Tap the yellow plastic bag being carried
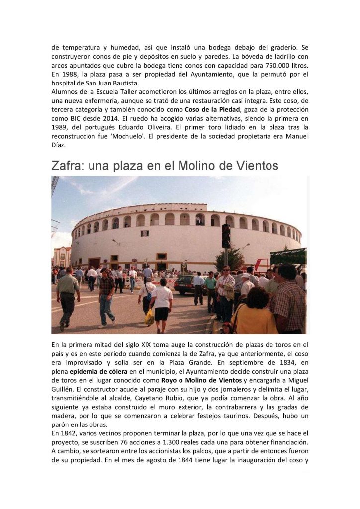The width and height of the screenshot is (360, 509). tap(149, 317)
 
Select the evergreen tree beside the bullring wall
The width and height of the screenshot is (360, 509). tap(230, 259)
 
